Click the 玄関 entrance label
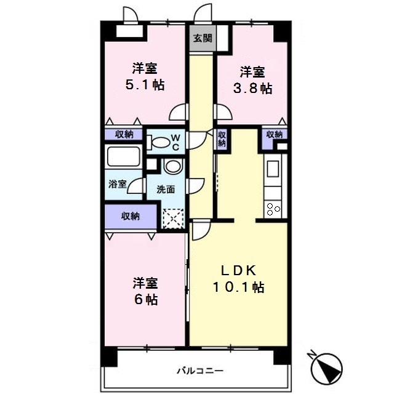click(203, 38)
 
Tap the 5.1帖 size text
click(145, 85)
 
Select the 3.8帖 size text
click(252, 89)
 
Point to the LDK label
click(238, 270)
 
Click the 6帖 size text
click(146, 299)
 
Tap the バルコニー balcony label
click(200, 371)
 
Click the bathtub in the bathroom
click(123, 156)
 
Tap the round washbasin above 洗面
click(173, 166)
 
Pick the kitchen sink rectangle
click(273, 169)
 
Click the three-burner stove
click(273, 209)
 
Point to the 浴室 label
click(117, 184)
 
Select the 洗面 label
click(166, 189)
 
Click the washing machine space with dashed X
click(173, 219)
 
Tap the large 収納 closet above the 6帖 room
click(130, 216)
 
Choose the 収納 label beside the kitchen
click(275, 134)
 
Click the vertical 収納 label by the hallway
click(222, 139)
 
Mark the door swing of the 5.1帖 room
click(179, 112)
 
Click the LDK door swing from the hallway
click(201, 230)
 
